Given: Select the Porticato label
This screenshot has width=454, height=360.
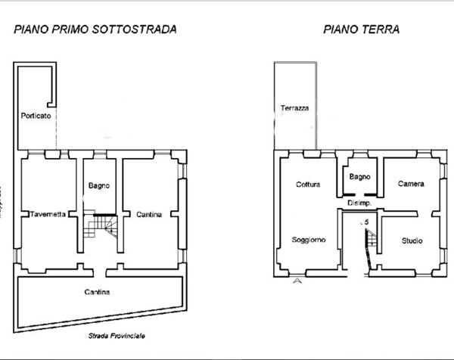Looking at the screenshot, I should (x=35, y=116).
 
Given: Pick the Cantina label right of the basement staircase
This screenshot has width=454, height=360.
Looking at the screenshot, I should (x=149, y=215).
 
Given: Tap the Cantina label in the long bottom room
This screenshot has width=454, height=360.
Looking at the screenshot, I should (x=97, y=292).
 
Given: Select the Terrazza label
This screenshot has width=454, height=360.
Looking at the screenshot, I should (x=295, y=108).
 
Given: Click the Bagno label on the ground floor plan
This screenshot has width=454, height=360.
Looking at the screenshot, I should (x=359, y=177).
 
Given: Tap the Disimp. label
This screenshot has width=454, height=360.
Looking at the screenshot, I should (x=359, y=203).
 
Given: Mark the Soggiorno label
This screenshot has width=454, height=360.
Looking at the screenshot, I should (x=309, y=240).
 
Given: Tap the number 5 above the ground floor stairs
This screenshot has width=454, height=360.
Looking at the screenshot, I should (x=366, y=222).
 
